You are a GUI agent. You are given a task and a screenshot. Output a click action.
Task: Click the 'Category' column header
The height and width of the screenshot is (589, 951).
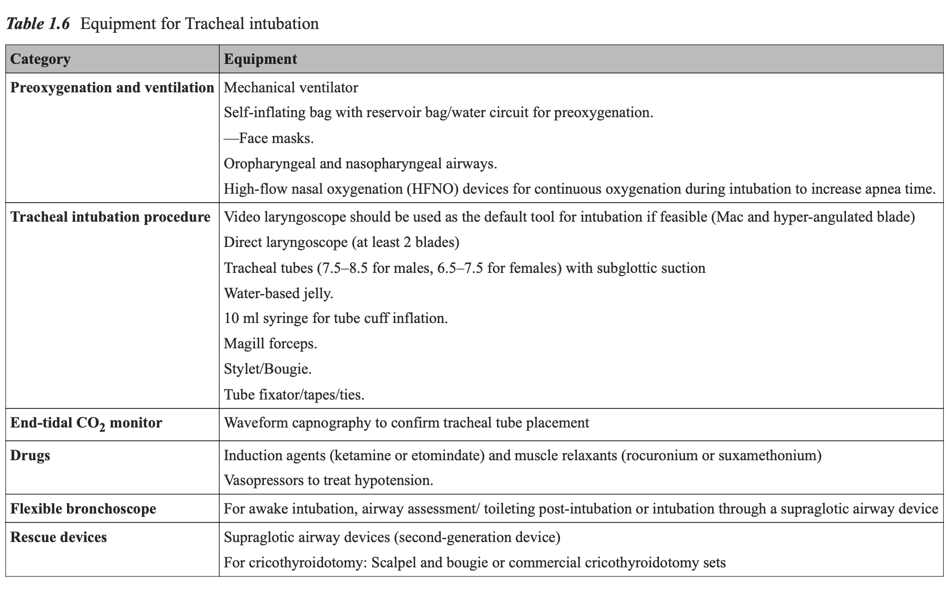click(40, 59)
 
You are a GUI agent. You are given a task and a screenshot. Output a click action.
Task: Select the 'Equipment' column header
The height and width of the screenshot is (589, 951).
click(260, 59)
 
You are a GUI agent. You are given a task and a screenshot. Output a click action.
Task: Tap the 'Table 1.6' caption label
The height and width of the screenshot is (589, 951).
click(37, 24)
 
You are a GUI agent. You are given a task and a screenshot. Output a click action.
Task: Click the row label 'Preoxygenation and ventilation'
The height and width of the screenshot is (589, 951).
click(112, 88)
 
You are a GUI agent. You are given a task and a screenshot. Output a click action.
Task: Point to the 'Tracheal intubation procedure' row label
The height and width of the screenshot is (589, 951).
click(110, 217)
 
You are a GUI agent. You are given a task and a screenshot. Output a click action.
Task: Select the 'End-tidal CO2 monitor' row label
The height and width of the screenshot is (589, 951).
click(86, 423)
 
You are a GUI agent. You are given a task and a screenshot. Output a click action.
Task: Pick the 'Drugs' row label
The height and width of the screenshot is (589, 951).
click(30, 455)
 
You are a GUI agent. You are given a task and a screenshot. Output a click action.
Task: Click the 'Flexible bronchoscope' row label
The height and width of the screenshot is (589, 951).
click(83, 509)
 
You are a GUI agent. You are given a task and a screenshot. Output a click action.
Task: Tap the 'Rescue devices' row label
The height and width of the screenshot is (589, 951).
click(59, 537)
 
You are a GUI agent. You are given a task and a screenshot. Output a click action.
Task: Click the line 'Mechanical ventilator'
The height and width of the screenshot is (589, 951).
click(291, 88)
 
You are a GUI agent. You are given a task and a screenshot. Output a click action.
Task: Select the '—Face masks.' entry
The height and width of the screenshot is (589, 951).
click(269, 138)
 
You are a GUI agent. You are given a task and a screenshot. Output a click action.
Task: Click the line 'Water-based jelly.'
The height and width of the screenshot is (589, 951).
click(279, 293)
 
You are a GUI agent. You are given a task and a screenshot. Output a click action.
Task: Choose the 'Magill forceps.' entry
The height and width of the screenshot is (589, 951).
click(270, 344)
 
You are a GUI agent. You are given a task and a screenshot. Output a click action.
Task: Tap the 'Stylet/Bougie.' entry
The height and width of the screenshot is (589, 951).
click(268, 369)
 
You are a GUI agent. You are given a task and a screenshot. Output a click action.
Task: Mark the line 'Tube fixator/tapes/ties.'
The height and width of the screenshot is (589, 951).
click(294, 395)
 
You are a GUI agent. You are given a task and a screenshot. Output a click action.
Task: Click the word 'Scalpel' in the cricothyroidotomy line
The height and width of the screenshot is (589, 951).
click(393, 563)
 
